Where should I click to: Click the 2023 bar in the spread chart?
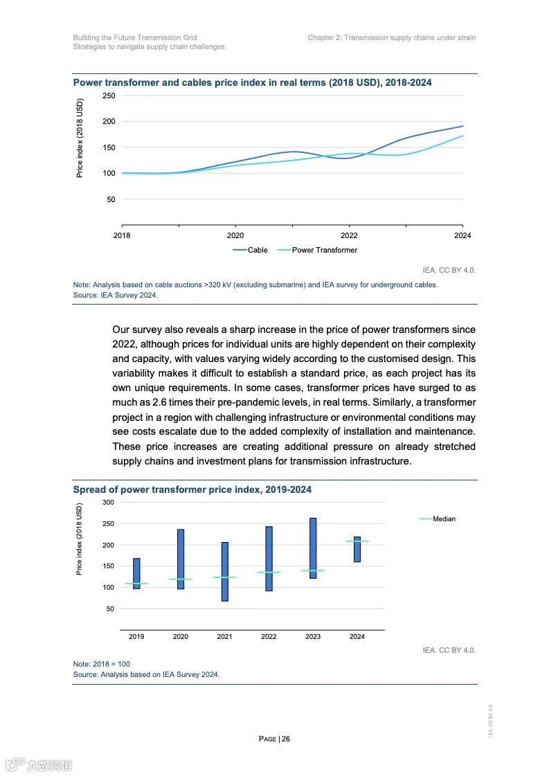click(313, 548)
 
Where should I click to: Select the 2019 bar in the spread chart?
click(136, 573)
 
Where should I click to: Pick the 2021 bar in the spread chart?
click(225, 572)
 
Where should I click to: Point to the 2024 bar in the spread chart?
click(357, 549)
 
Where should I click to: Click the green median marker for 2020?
click(181, 579)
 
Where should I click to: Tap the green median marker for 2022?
click(269, 572)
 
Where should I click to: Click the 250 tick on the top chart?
click(109, 96)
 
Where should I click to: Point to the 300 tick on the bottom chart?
click(108, 502)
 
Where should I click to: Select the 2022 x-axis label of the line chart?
click(349, 235)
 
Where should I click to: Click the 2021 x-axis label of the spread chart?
click(224, 636)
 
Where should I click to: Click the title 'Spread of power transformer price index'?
click(192, 489)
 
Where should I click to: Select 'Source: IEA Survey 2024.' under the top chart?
click(116, 295)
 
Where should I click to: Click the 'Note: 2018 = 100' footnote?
click(102, 664)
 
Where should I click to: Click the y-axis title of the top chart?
click(80, 138)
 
